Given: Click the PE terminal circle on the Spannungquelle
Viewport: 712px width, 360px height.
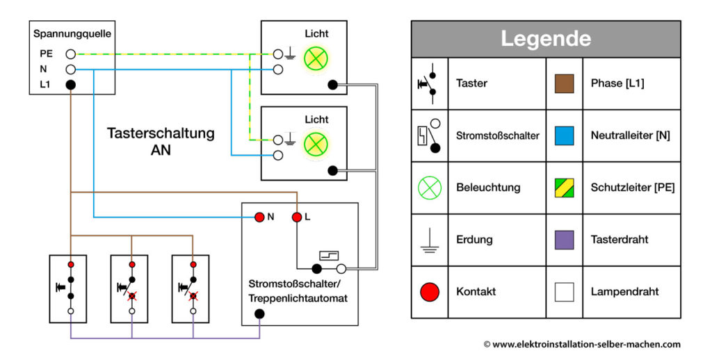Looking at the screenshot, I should tap(70, 54).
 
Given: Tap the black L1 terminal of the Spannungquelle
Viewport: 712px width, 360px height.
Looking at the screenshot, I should tap(70, 85).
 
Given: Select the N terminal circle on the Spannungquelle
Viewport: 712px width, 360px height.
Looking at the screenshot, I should tap(70, 69).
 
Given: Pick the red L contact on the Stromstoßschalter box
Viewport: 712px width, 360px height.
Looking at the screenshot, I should tap(296, 217).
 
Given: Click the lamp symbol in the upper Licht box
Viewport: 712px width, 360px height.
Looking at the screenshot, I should tap(316, 58).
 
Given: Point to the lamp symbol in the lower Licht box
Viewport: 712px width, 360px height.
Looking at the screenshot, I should tap(316, 144).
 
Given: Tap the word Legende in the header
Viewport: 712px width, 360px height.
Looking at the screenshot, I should tap(545, 38).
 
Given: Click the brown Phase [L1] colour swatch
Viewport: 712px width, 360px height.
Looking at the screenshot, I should tap(564, 83).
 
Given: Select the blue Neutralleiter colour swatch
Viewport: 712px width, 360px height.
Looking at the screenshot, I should tap(564, 136).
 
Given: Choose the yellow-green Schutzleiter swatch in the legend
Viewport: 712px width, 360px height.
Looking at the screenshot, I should tap(564, 188).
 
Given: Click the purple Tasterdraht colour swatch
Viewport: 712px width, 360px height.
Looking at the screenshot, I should tap(564, 240).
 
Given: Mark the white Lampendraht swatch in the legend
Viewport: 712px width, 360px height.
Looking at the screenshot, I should tap(564, 292).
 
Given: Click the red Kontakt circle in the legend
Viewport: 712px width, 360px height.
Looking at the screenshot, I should tap(430, 292).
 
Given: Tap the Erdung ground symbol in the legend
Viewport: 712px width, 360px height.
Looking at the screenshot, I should tap(430, 240).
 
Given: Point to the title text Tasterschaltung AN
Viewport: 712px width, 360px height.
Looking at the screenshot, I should tap(161, 140).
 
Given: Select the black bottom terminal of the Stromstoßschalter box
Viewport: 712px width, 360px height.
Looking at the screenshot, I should tap(259, 313).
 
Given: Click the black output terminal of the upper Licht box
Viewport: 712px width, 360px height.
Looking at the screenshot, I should tap(332, 85).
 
